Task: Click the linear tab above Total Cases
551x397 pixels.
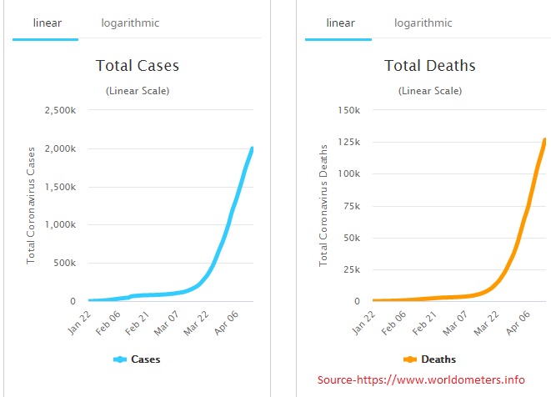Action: point(47,23)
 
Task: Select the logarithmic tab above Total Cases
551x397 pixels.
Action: point(130,23)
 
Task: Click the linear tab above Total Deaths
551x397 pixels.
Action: point(340,23)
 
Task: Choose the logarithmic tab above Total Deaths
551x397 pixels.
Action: point(423,23)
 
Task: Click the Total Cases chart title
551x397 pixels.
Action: point(138,65)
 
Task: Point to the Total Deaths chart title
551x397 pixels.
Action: point(428,65)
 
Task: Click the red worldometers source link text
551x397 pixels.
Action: point(422,380)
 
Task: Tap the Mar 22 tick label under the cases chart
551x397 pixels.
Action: point(198,320)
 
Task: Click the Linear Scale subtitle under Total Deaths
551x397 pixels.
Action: point(428,90)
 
